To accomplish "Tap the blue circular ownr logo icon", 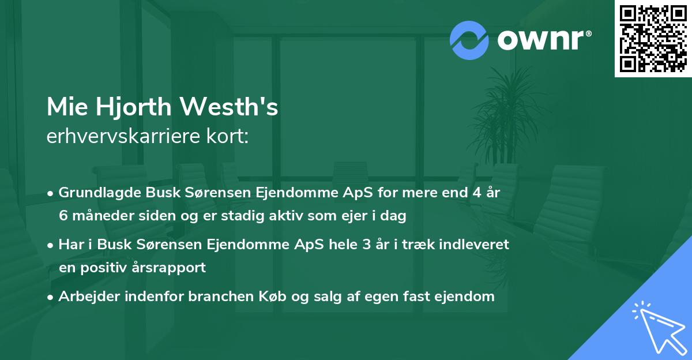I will click(469, 40).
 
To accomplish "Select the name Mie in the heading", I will click(65, 107).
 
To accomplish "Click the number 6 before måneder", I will click(63, 216).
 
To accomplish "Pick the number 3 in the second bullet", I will click(366, 245).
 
